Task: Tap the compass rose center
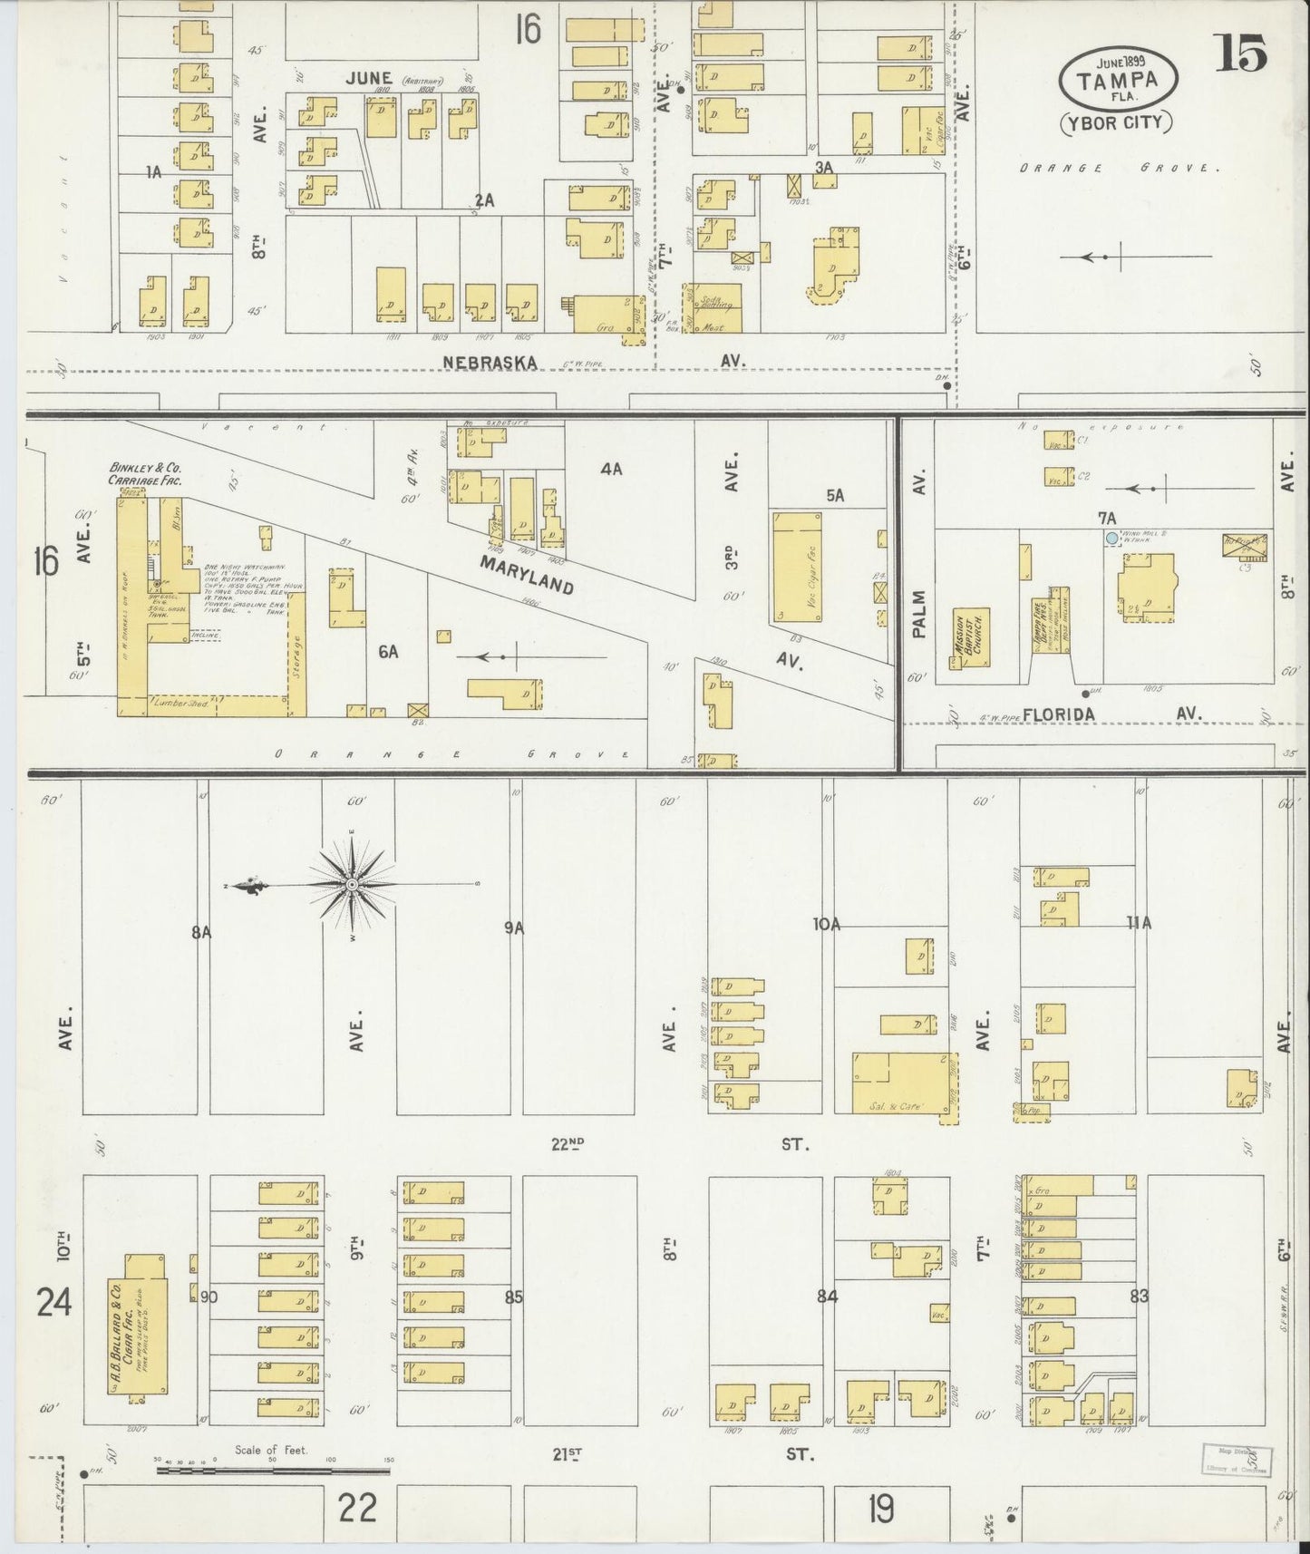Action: (351, 883)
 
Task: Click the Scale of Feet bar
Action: (272, 1468)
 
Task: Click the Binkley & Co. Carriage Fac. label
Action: (144, 475)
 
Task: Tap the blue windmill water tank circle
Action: (1111, 538)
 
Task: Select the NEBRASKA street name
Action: (490, 362)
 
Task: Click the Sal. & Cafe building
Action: (903, 1083)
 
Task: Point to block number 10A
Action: (827, 925)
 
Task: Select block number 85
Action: (514, 1297)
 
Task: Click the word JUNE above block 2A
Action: (367, 78)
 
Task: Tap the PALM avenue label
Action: (919, 614)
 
